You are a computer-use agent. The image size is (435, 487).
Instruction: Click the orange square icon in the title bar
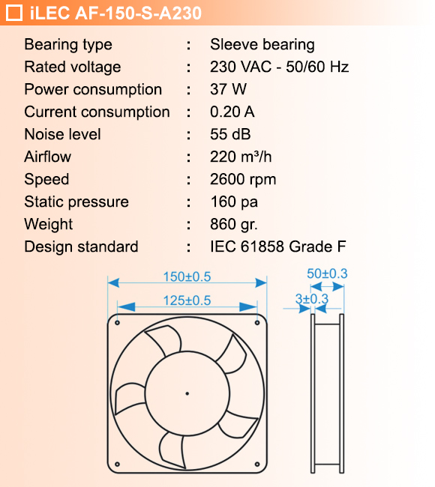point(13,13)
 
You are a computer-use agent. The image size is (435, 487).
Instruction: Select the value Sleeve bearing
point(262,45)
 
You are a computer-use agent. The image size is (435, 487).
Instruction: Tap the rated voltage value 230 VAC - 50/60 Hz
point(280,67)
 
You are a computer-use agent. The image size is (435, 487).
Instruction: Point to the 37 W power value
point(229,90)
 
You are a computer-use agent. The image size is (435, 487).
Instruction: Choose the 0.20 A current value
point(232,112)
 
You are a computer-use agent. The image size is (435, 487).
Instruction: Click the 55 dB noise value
point(231,135)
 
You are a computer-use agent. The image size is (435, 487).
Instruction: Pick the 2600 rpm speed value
point(244,180)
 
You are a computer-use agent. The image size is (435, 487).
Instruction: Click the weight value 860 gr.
point(235,225)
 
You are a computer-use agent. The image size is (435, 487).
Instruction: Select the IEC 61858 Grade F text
point(278,247)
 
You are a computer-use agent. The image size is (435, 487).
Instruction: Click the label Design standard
point(81,247)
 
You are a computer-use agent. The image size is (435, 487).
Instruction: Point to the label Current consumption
point(97,112)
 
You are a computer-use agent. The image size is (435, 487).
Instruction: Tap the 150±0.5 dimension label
point(187,276)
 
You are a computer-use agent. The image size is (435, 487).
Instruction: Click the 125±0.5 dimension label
point(187,300)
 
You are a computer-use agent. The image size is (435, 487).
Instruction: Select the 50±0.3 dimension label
point(327,274)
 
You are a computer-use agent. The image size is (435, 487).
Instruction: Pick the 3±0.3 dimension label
point(312,299)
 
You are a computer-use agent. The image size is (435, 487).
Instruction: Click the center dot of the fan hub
point(187,393)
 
